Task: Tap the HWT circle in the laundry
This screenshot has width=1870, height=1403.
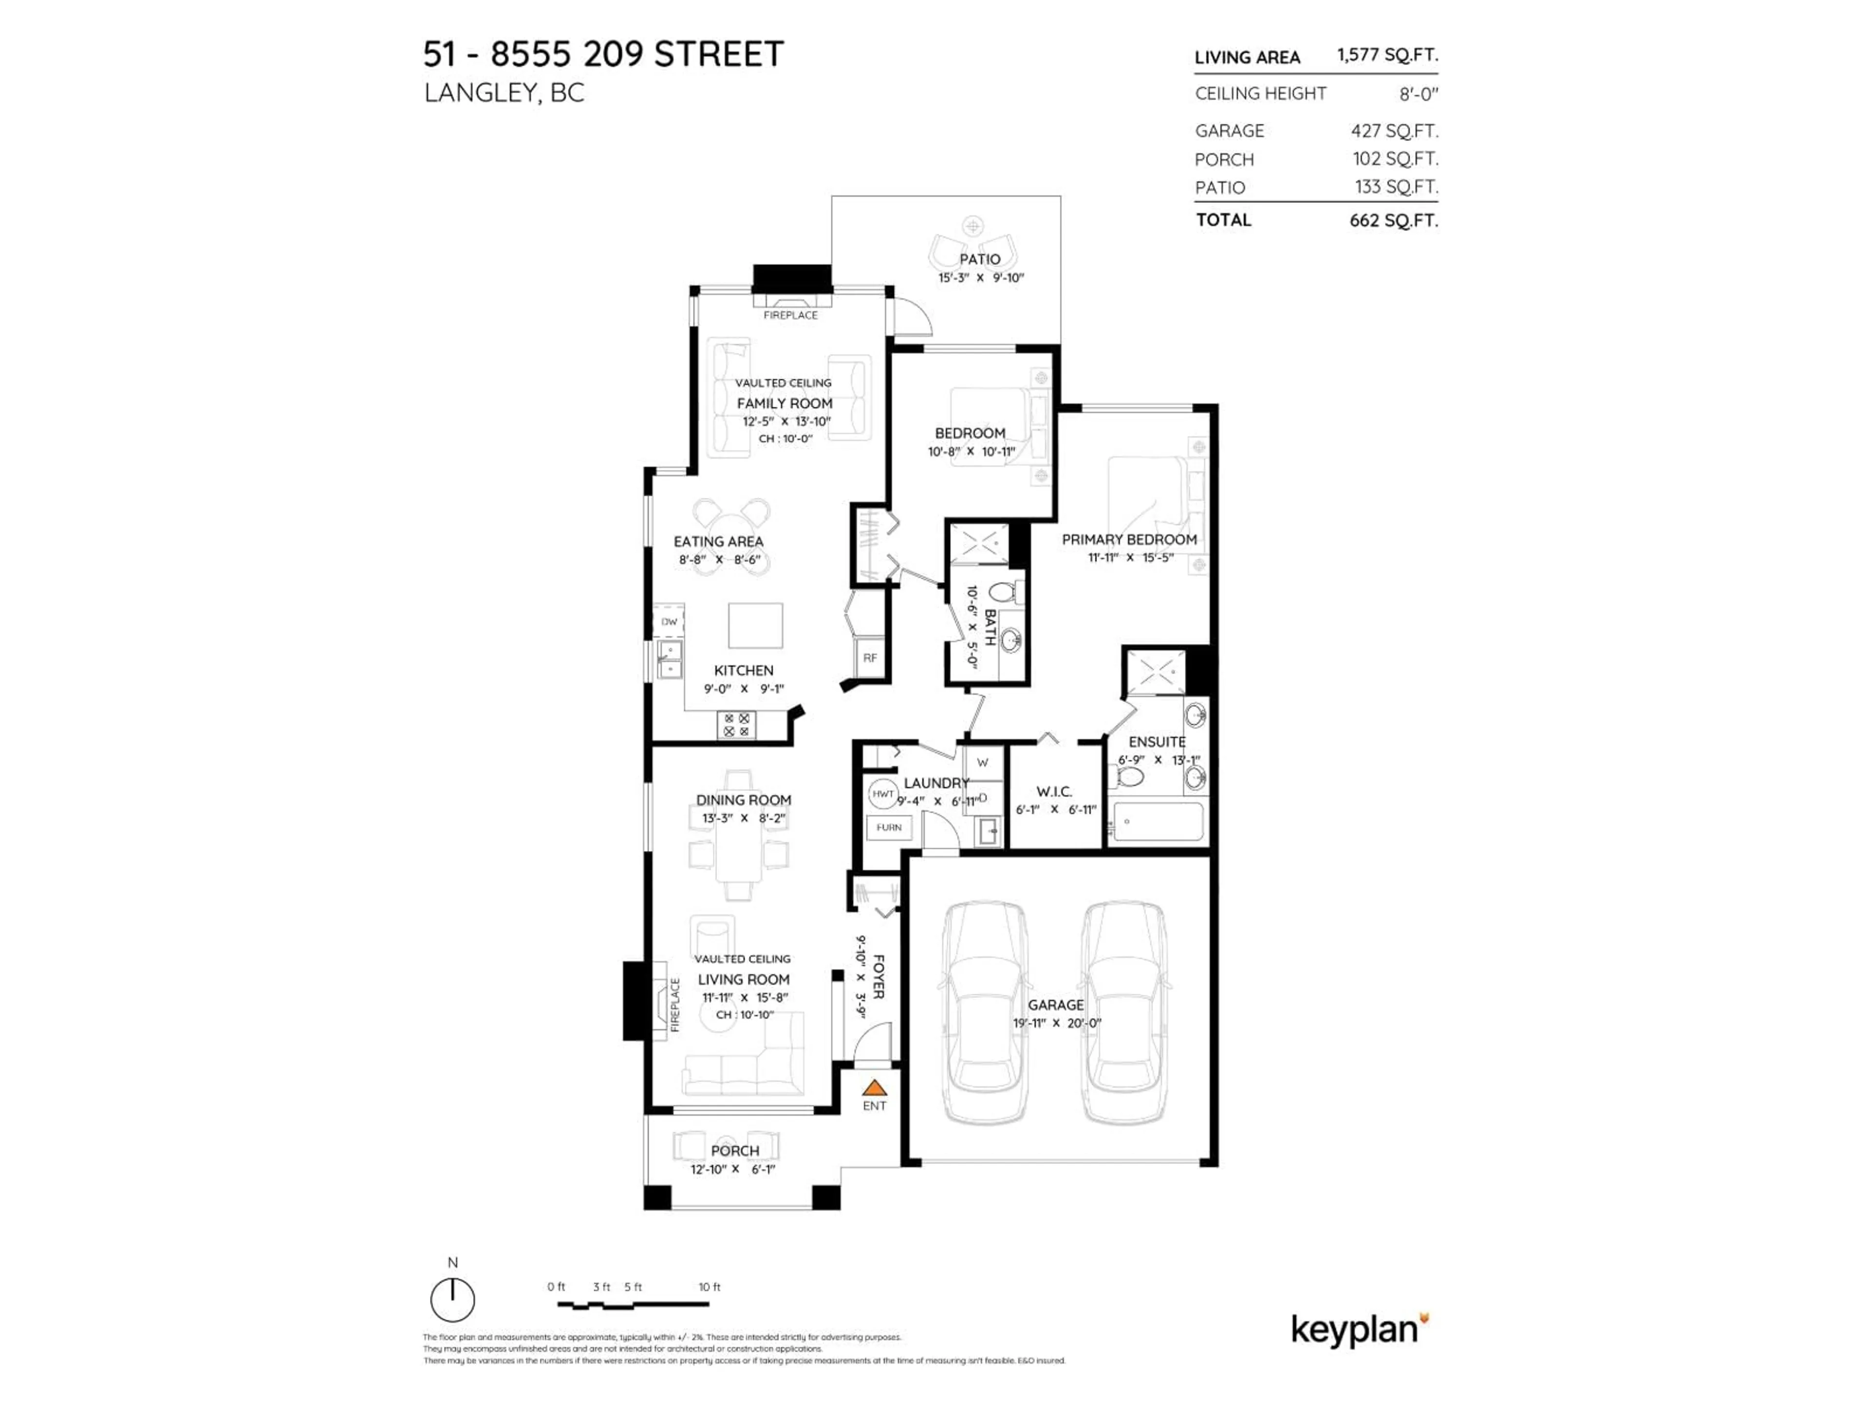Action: point(882,793)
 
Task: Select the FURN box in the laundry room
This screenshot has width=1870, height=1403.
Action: point(889,827)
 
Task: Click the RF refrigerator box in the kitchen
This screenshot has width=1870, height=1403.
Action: point(870,657)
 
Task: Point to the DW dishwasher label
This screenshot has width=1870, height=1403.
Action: point(669,622)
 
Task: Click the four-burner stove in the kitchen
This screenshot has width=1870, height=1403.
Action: point(736,725)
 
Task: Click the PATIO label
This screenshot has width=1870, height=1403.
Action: point(980,259)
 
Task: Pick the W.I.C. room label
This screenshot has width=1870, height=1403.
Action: point(1054,792)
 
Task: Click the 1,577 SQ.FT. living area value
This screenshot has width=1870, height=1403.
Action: point(1386,55)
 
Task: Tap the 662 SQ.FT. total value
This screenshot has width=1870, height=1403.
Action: point(1393,221)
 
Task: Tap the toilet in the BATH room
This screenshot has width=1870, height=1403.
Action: point(1002,591)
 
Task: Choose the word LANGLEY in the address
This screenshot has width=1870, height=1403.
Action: point(479,93)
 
